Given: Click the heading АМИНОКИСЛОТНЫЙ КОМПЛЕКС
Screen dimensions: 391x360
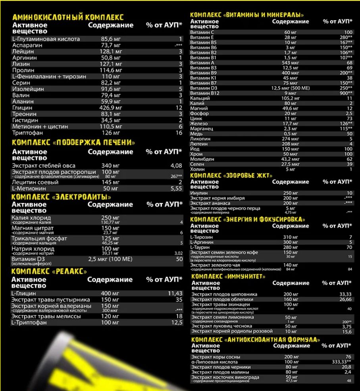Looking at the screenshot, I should click(68, 17).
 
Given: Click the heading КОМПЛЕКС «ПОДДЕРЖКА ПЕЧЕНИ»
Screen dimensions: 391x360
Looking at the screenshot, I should click(73, 143).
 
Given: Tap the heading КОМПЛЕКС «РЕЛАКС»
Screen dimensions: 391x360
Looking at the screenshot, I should click(49, 271).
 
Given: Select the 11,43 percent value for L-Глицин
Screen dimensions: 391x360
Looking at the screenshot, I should click(174, 293).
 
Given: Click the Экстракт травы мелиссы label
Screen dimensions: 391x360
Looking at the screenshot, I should click(46, 316).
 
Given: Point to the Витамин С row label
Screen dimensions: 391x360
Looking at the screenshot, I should click(202, 32).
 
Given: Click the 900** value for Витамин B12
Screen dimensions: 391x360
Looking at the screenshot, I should click(345, 93).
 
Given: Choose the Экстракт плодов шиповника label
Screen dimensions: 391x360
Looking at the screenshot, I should click(224, 294).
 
